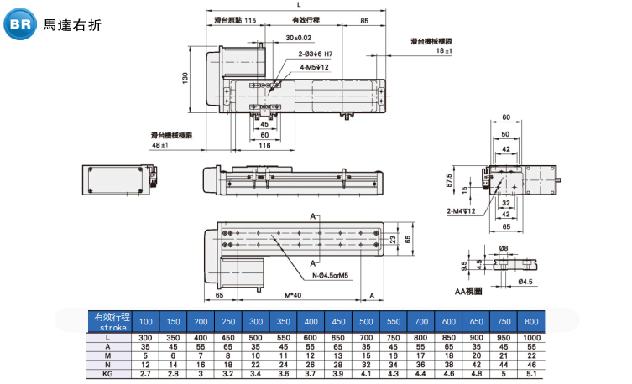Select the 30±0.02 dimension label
coord(298,38)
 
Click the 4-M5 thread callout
coord(314,67)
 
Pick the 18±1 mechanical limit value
coord(444,52)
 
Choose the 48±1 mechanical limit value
coord(160,145)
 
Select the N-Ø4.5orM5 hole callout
coord(331,273)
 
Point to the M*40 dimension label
coord(293,295)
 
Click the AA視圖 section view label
coord(467,291)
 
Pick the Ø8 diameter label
coord(504,247)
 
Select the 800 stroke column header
coord(531,322)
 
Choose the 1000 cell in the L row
coord(531,337)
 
